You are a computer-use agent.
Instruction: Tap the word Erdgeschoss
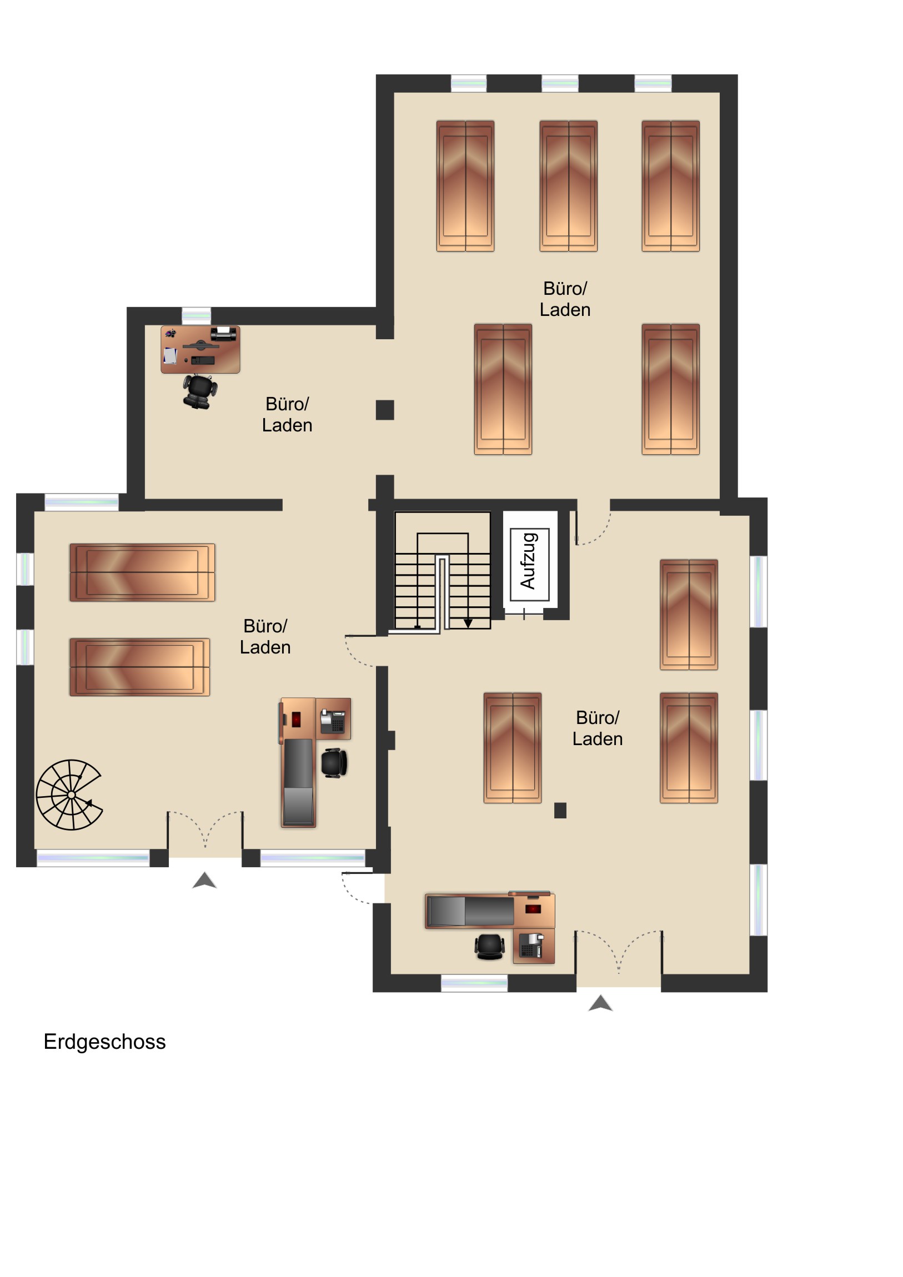[x=104, y=1041]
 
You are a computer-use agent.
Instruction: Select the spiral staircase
[x=69, y=794]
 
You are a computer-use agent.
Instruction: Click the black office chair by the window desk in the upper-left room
[x=199, y=391]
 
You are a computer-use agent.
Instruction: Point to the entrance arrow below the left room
[x=204, y=880]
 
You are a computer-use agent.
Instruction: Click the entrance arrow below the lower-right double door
[x=600, y=1003]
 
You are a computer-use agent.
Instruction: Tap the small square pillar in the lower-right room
[x=560, y=811]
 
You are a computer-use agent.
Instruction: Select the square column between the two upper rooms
[x=385, y=410]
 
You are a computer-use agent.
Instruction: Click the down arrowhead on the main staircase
[x=468, y=623]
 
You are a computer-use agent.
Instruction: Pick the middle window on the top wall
[x=560, y=83]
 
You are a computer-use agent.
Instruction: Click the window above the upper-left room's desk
[x=197, y=315]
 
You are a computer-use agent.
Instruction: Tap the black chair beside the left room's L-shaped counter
[x=334, y=763]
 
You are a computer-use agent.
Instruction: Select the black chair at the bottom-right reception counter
[x=490, y=947]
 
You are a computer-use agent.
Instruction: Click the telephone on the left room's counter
[x=333, y=721]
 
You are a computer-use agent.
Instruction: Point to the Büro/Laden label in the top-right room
[x=565, y=299]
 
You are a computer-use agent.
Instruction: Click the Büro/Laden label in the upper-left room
[x=287, y=414]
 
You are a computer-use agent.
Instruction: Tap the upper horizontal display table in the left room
[x=142, y=572]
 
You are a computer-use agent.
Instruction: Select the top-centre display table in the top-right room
[x=568, y=186]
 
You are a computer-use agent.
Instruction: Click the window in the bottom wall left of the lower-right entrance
[x=474, y=983]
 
